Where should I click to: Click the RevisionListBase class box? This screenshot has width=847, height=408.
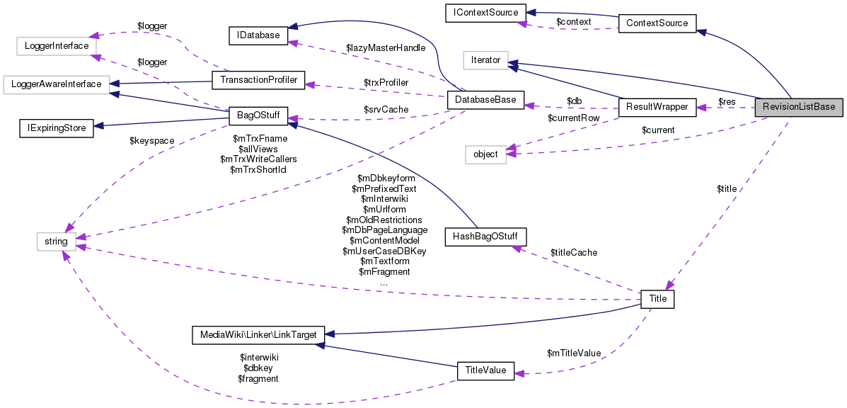coord(800,107)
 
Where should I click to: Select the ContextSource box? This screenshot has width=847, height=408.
coord(657,23)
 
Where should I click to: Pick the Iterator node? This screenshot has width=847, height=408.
coord(486,61)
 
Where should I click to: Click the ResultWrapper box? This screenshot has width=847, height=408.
coord(654,107)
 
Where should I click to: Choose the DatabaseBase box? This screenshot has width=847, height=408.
coord(485,101)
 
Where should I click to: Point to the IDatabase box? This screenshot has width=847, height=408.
coord(258,35)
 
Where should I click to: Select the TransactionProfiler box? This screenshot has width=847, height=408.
coord(258,80)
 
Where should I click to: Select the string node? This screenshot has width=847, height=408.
coord(56,242)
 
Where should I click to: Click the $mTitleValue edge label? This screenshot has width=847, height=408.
coord(574,353)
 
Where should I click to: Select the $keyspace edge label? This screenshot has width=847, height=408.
coord(151,141)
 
